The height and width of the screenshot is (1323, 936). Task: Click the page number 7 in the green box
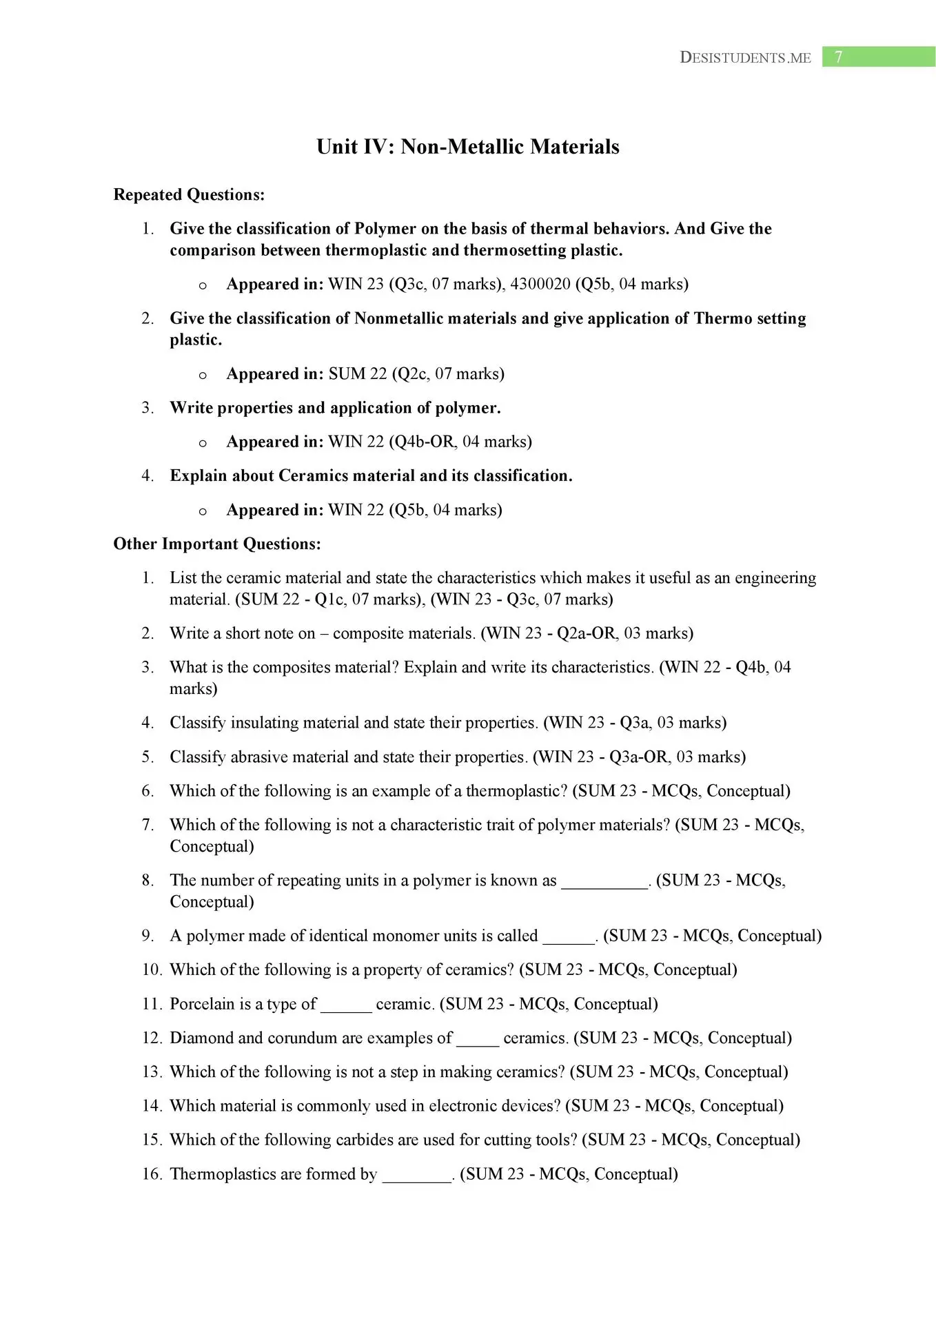pyautogui.click(x=838, y=57)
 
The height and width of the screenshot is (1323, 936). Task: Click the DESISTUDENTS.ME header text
pyautogui.click(x=745, y=58)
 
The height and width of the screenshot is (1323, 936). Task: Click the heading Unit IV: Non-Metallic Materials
pyautogui.click(x=467, y=147)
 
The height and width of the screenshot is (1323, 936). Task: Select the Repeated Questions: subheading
pyautogui.click(x=189, y=195)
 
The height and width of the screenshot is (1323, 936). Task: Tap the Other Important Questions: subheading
pyautogui.click(x=217, y=544)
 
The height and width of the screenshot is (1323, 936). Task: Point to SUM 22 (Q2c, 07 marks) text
pyautogui.click(x=416, y=373)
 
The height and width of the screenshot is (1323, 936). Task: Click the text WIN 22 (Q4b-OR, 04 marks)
pyautogui.click(x=430, y=442)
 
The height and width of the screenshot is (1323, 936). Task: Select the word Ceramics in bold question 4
pyautogui.click(x=313, y=475)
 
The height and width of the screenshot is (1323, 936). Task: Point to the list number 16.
pyautogui.click(x=152, y=1173)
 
